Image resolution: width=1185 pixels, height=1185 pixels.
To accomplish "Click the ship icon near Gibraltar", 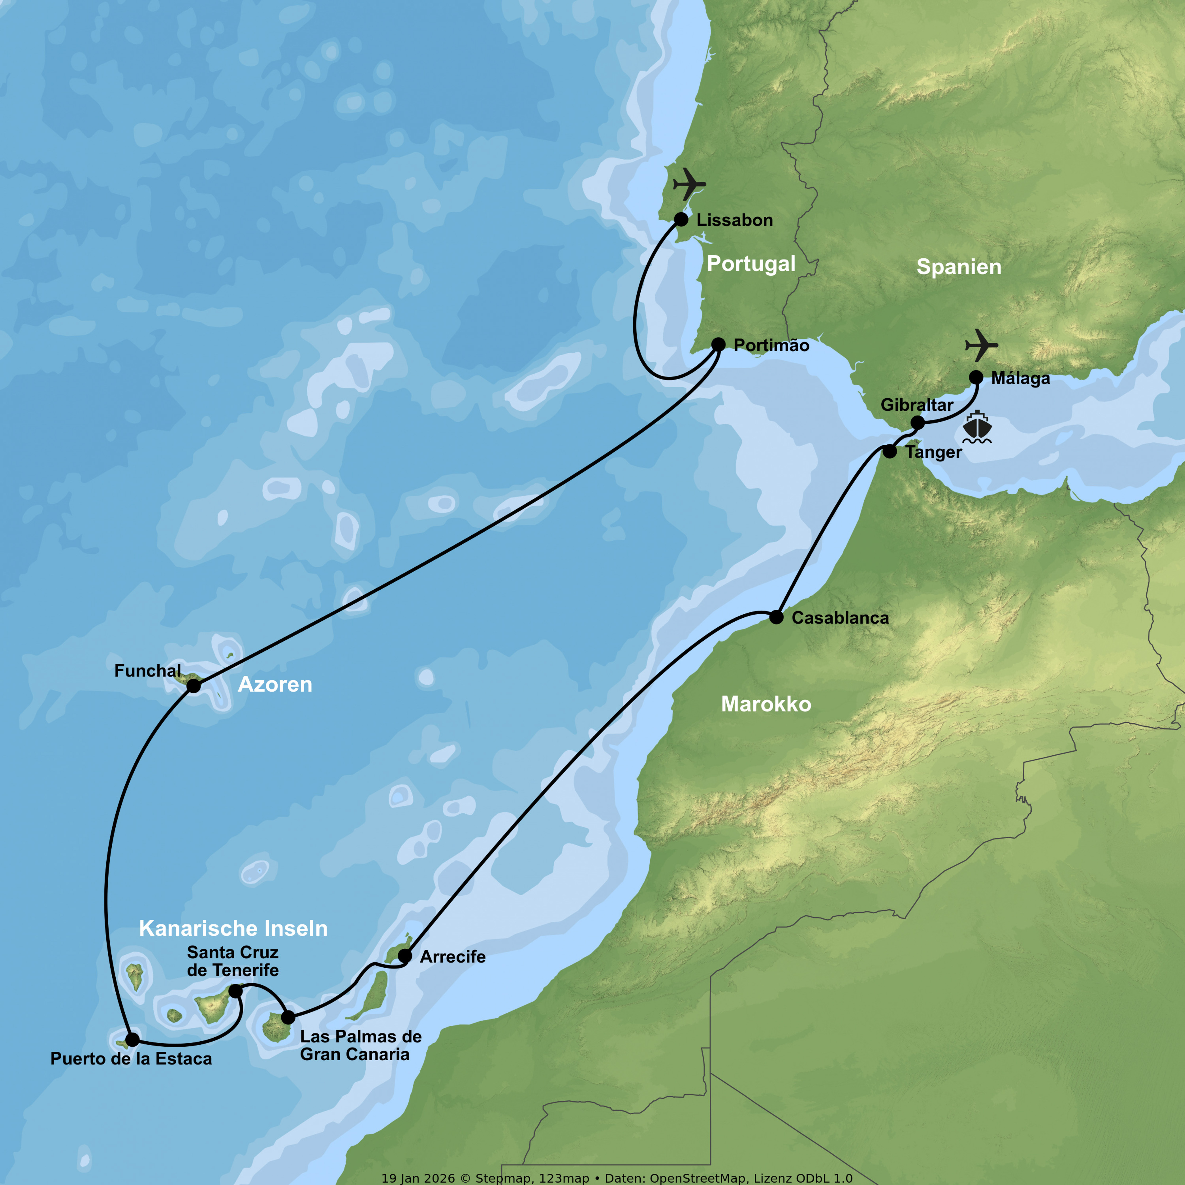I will (977, 427).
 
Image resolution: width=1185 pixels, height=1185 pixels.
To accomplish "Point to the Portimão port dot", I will (718, 345).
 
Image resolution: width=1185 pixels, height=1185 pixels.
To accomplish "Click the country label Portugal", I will (751, 264).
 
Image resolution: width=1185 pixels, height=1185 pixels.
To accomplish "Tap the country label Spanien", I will (959, 267).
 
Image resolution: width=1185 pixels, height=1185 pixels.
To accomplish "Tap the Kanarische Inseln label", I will (233, 928).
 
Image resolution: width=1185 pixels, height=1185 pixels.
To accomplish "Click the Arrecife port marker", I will (405, 956).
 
